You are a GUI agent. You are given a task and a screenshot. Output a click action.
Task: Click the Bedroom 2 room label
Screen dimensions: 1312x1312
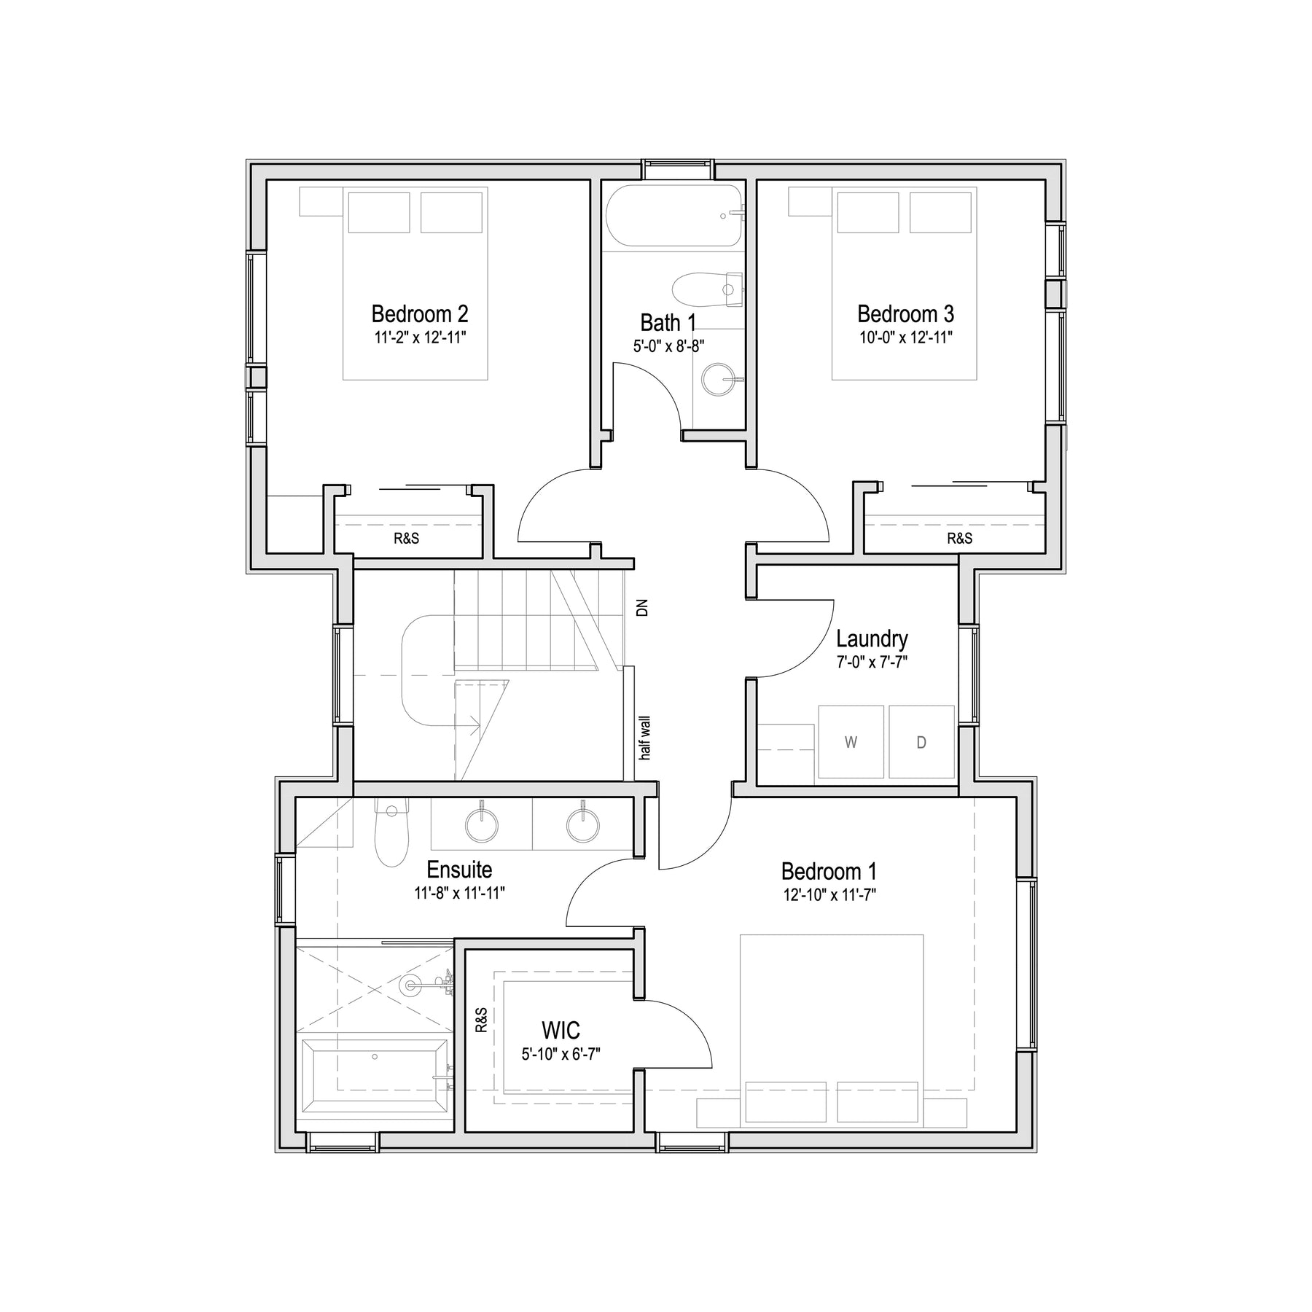click(420, 314)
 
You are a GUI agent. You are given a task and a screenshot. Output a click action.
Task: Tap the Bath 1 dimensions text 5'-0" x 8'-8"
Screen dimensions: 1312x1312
click(668, 346)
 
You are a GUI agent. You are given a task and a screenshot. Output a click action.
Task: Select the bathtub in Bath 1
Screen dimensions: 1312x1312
click(674, 216)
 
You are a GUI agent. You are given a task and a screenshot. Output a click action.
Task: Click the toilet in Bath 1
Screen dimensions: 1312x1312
click(707, 289)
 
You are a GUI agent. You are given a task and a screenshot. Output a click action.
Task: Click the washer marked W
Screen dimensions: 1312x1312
click(851, 742)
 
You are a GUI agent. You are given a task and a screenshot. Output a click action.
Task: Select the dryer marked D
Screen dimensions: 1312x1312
click(921, 742)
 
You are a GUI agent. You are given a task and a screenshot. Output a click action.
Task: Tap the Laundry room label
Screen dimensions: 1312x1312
click(872, 639)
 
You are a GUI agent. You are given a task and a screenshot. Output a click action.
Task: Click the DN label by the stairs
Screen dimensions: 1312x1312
click(641, 608)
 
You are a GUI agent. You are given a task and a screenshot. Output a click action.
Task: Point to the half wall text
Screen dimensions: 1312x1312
click(644, 738)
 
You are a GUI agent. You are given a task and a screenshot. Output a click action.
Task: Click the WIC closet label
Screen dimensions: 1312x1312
click(561, 1031)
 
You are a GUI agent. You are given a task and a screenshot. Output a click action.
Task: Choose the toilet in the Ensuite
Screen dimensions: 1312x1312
click(391, 832)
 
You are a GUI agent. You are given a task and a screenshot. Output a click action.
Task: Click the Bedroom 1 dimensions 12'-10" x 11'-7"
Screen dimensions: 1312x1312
click(829, 895)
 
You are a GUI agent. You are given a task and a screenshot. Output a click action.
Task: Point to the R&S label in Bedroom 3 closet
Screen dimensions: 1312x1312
click(960, 539)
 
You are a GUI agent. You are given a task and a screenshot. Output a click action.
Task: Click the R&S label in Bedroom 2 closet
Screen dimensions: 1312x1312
click(407, 539)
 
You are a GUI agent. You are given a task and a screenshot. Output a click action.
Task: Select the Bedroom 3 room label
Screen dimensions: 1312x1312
click(905, 314)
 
